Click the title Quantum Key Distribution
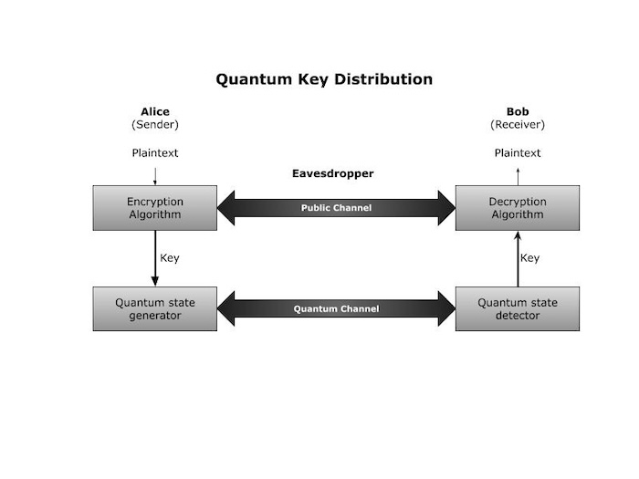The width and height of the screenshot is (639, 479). coord(324,79)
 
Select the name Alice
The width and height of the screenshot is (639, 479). coord(155,112)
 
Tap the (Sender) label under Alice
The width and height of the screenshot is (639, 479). coord(155,125)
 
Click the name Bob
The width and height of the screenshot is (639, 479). coord(518,112)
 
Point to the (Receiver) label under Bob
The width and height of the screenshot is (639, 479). coord(518,125)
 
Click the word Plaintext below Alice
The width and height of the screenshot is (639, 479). coord(155,152)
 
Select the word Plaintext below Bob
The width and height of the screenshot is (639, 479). coord(518,152)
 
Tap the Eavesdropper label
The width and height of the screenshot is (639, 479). coord(332,173)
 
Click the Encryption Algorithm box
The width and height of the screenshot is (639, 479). coord(155,208)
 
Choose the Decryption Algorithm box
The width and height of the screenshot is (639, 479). coord(518,208)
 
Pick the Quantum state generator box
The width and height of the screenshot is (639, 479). coord(155,308)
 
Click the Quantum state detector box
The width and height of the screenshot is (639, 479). coord(518,308)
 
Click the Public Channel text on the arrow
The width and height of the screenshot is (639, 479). coord(336,208)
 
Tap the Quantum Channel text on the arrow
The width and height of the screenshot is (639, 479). coord(336,308)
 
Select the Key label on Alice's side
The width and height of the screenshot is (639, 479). coord(170,258)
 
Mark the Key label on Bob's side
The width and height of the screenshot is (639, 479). coord(530,258)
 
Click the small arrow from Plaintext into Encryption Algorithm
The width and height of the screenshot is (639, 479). coord(155,175)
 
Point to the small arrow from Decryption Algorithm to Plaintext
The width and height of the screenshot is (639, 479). coord(518,175)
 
